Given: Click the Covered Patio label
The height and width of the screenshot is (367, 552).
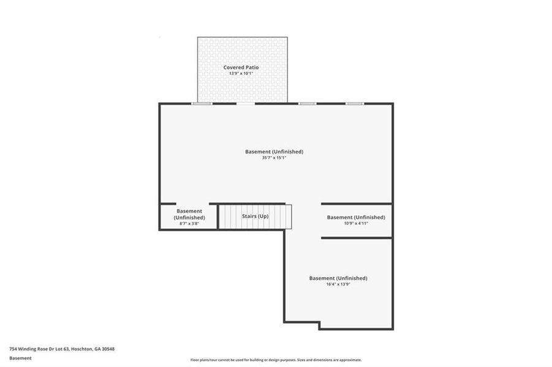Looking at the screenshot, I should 241,67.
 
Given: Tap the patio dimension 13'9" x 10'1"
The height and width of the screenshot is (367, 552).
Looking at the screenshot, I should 241,73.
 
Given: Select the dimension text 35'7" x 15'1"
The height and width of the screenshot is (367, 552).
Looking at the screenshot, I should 274,158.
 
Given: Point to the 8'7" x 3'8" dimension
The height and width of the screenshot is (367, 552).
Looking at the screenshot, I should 189,224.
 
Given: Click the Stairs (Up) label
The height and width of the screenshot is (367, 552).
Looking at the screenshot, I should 255,217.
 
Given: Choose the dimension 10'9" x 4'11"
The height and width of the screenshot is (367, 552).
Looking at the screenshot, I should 356,223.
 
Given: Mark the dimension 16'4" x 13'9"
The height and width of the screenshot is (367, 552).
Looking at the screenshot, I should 338,284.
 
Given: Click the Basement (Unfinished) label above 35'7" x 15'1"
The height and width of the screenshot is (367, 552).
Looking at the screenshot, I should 274,152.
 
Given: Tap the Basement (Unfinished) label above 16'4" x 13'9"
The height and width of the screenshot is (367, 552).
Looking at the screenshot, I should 338,278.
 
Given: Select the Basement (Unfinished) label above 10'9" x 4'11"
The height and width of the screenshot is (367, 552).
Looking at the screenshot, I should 356,217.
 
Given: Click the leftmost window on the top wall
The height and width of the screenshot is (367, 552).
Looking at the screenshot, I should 202,103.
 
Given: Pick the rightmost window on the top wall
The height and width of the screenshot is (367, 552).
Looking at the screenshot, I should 355,103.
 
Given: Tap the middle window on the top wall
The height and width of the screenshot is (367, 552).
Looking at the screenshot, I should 307,103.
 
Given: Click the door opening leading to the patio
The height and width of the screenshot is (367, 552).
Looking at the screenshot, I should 245,103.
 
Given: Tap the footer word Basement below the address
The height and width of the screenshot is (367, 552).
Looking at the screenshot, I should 20,358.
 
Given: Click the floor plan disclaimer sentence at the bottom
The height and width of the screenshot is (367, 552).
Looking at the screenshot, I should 276,360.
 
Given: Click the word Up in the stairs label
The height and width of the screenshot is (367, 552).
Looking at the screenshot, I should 263,217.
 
